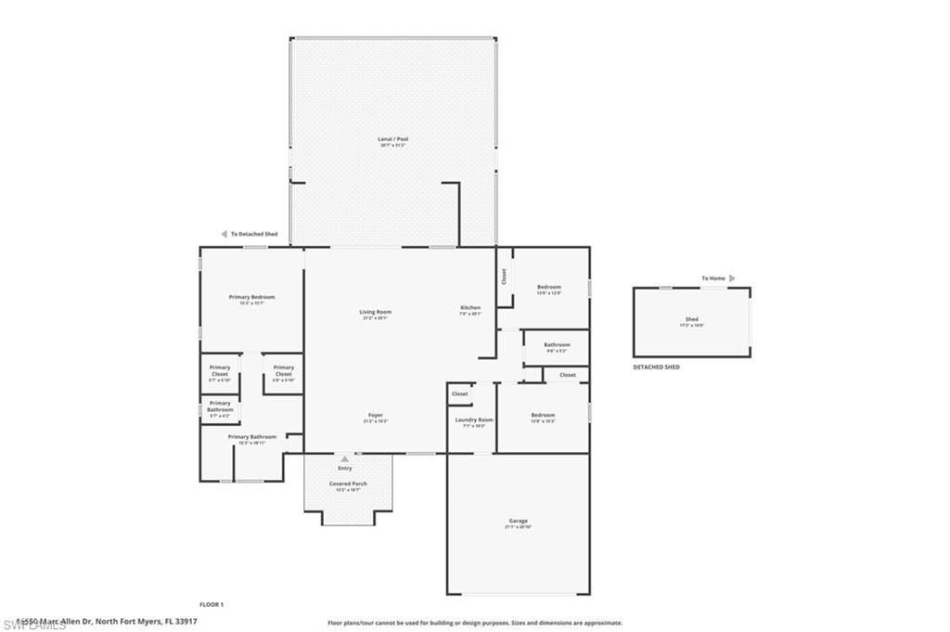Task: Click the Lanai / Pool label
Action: click(393, 139)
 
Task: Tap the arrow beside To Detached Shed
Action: click(224, 234)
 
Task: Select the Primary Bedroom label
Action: click(251, 297)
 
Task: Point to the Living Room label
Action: click(376, 312)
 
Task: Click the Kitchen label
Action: click(470, 307)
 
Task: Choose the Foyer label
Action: click(376, 415)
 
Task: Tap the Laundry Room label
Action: click(473, 419)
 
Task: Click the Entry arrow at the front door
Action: click(345, 458)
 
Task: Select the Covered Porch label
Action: click(348, 484)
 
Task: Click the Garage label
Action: click(518, 521)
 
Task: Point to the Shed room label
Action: click(692, 319)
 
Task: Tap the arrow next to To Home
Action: click(732, 278)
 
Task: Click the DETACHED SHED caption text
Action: click(656, 368)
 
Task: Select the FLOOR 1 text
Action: click(212, 604)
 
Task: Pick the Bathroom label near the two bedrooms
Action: click(557, 344)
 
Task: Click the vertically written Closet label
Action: click(504, 277)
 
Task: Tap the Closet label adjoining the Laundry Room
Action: click(460, 393)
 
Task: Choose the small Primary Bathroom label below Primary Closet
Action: click(220, 406)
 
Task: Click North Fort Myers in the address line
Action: click(131, 621)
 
